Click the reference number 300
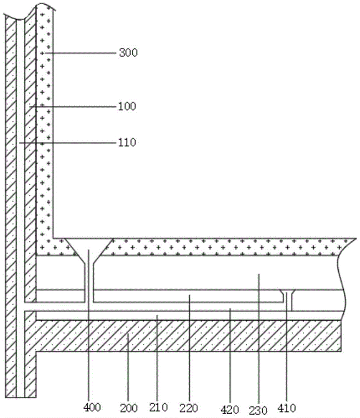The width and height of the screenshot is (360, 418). (x=128, y=53)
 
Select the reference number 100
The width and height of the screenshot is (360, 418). (x=127, y=107)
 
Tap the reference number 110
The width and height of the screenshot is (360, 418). (x=127, y=143)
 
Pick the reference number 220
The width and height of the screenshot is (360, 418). (x=189, y=406)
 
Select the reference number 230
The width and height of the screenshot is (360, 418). (x=259, y=408)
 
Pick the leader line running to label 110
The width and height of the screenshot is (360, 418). (x=67, y=143)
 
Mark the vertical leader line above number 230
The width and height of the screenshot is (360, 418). (x=259, y=334)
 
